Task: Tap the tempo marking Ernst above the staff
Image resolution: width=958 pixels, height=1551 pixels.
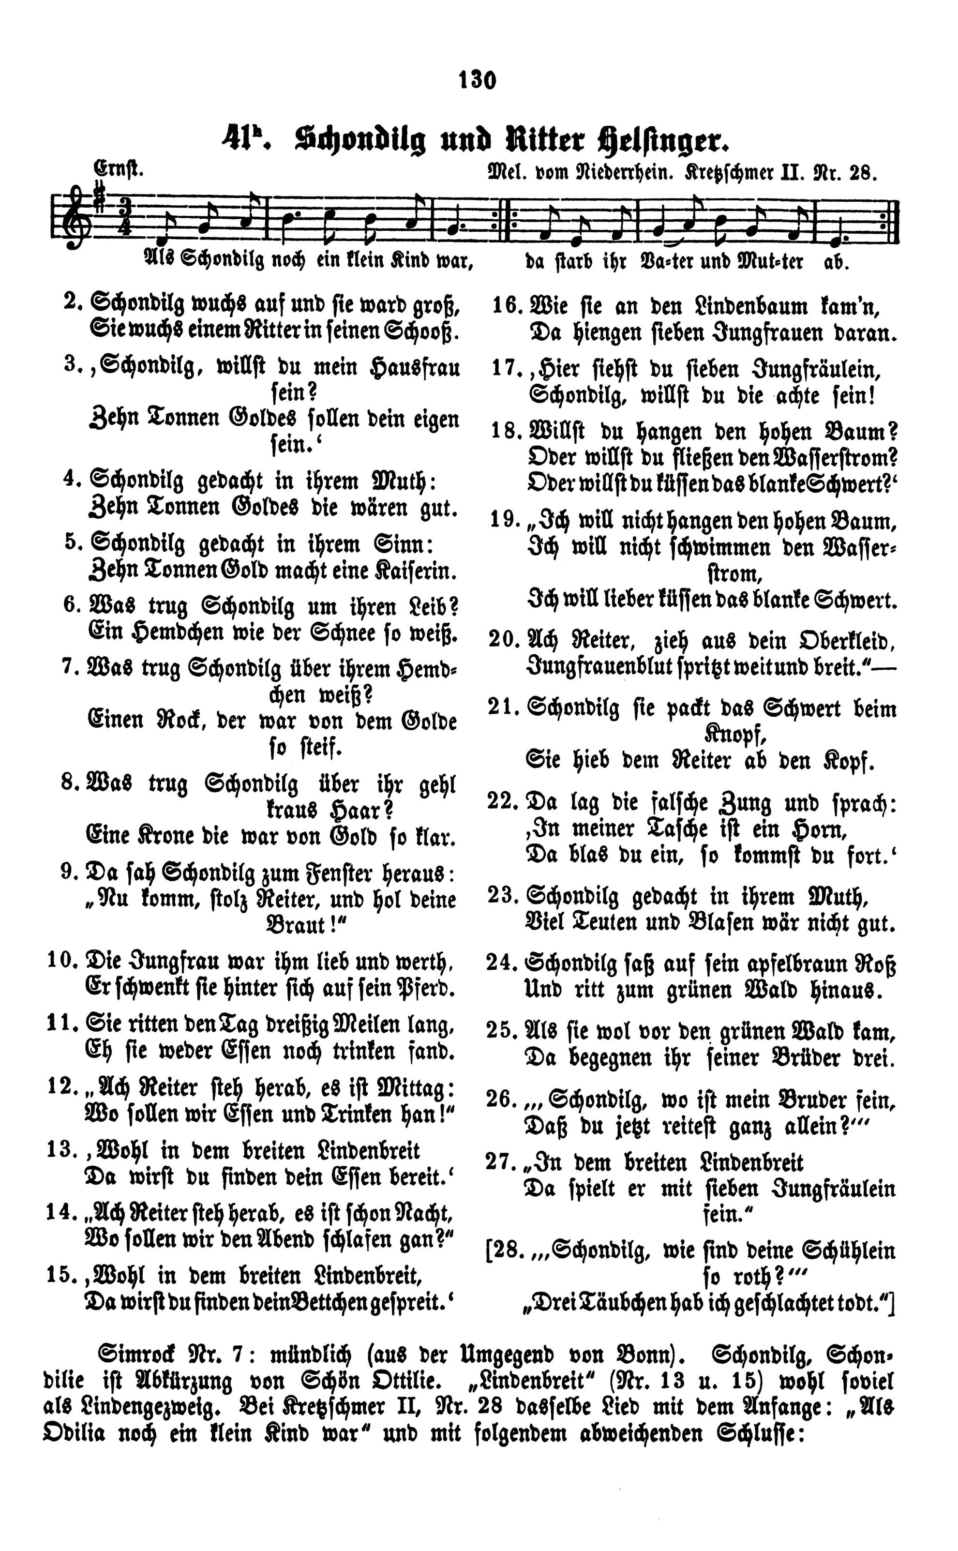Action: click(119, 170)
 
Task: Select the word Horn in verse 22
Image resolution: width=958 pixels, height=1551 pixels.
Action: click(821, 829)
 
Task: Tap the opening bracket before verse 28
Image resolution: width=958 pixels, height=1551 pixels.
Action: click(489, 1252)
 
